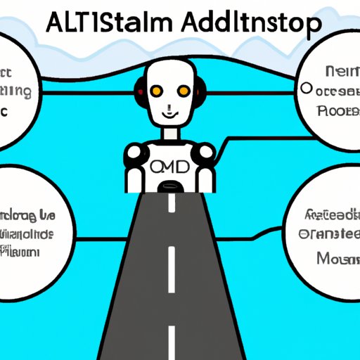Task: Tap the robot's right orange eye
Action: (184, 91)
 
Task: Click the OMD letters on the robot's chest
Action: (168, 168)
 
